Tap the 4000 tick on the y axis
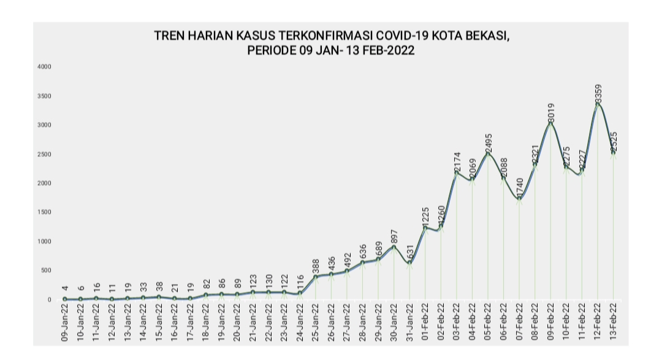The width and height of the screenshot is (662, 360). click(43, 67)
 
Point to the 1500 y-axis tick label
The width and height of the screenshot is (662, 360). click(43, 212)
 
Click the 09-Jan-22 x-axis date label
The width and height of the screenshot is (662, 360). click(65, 323)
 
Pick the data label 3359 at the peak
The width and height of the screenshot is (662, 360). click(598, 93)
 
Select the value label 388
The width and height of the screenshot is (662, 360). click(316, 266)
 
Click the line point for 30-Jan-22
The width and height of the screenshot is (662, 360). click(394, 247)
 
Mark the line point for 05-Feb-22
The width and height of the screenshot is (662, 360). click(488, 154)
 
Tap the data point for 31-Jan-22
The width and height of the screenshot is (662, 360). click(409, 262)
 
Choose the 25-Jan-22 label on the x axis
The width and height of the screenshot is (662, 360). click(316, 323)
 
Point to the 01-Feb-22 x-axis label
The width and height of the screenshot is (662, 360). click(425, 323)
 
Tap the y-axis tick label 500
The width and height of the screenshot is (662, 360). click(44, 270)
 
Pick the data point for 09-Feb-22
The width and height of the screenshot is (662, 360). click(551, 123)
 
